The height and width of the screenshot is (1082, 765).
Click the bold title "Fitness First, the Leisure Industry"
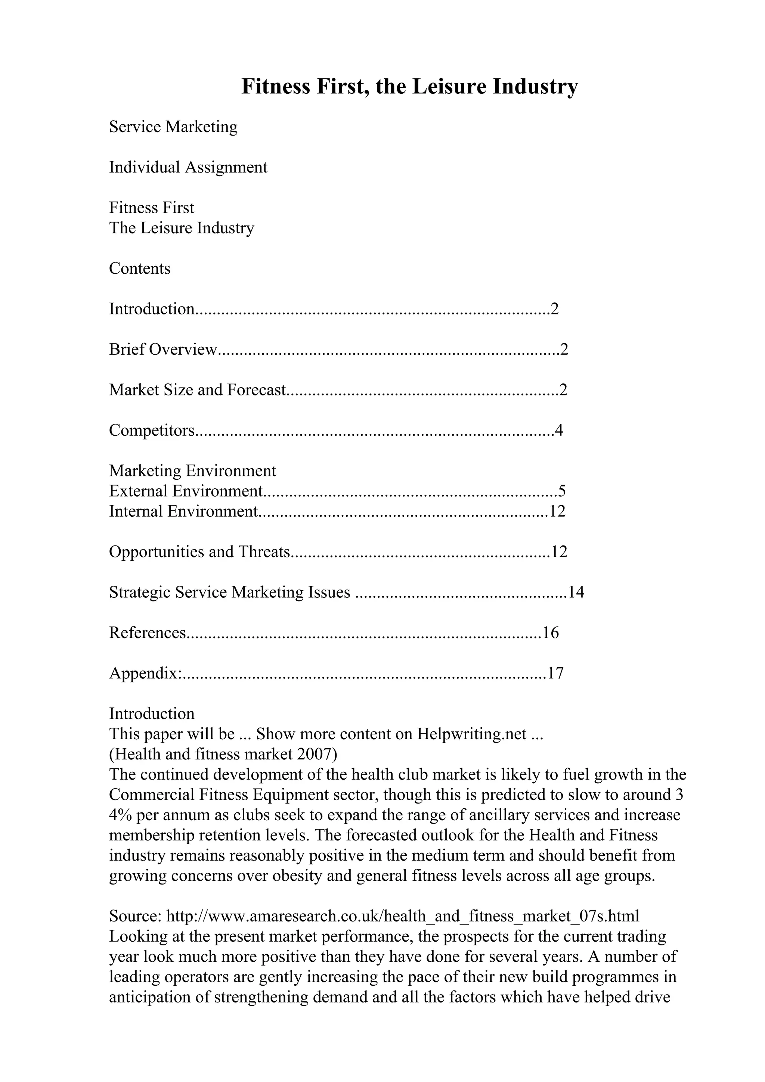(409, 87)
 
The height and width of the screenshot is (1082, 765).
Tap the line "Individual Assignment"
(188, 167)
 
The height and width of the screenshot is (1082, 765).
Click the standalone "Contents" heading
(140, 268)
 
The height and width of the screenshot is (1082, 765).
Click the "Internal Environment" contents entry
(183, 511)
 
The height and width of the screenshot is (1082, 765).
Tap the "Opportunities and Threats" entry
(199, 551)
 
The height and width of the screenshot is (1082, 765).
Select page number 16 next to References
(551, 632)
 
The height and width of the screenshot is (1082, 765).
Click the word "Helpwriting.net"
(471, 734)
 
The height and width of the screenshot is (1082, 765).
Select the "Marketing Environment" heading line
(192, 470)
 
